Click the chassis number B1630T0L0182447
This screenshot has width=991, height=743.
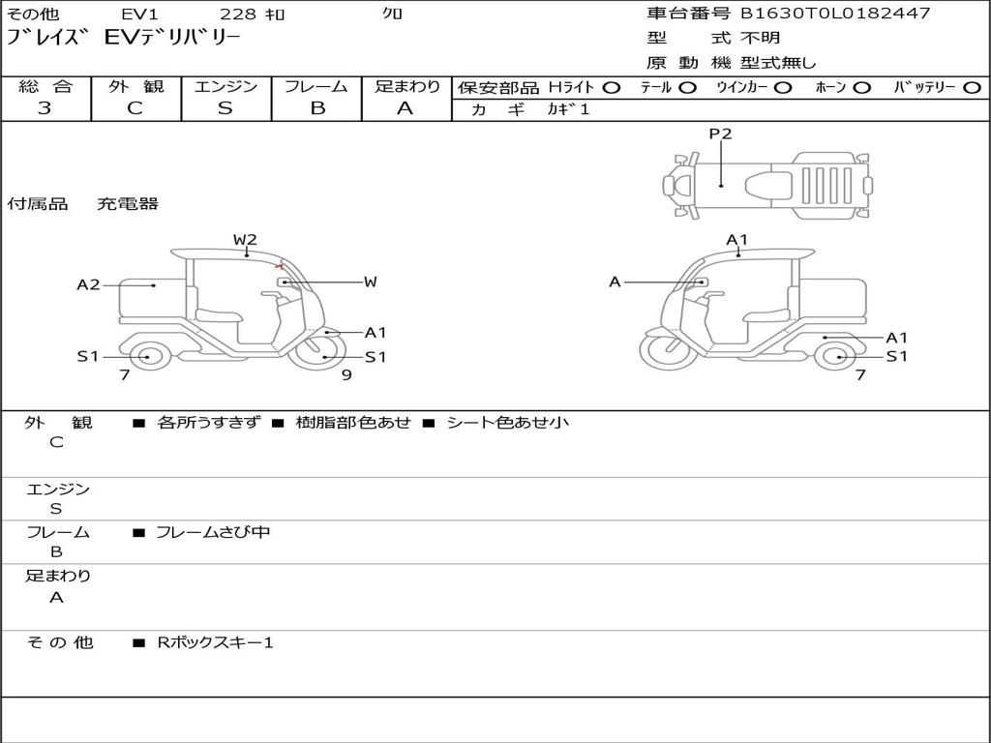(835, 13)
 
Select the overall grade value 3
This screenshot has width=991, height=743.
(45, 108)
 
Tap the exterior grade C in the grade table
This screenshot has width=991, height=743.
(135, 108)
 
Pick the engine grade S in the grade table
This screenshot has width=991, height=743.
(225, 108)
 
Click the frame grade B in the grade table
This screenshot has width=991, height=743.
(317, 108)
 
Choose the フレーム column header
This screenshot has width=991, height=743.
(316, 86)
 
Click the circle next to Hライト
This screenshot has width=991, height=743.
(612, 88)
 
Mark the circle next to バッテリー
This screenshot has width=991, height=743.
(973, 88)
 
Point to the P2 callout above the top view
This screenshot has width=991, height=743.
(720, 134)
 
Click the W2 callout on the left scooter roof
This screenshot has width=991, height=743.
(245, 240)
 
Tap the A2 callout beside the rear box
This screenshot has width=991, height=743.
(88, 285)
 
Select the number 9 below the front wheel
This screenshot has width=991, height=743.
(346, 374)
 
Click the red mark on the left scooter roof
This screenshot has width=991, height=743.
(279, 265)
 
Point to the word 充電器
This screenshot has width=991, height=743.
(127, 203)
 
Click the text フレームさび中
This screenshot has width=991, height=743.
(213, 532)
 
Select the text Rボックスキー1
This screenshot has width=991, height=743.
(215, 642)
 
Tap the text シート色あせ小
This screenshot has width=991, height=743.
(507, 422)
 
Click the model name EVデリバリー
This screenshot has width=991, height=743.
(172, 38)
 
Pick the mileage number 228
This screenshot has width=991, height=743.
(238, 14)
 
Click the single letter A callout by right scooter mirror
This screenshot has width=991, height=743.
(615, 282)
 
